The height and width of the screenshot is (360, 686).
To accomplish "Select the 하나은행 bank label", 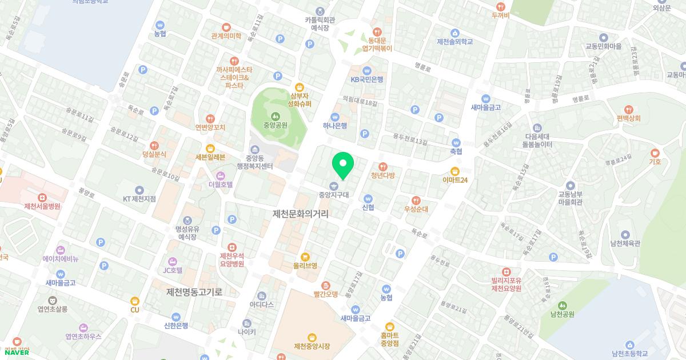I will click(x=335, y=126).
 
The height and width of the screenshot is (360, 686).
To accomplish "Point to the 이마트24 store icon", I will click(x=455, y=170).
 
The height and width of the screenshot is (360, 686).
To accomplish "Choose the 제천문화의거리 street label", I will click(x=301, y=214).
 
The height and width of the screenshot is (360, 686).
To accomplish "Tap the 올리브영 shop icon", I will click(x=305, y=257).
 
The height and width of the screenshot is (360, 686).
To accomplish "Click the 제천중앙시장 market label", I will click(x=312, y=346).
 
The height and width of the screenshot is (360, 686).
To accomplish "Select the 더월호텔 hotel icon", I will click(x=221, y=175).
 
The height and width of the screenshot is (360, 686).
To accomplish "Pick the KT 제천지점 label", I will click(x=139, y=199).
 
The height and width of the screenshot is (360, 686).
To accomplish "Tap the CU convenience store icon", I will click(x=135, y=301).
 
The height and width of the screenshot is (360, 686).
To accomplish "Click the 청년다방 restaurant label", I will click(x=383, y=175).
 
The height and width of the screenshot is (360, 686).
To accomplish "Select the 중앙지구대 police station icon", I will click(x=333, y=185).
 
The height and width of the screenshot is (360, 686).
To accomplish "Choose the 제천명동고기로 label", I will click(x=193, y=292).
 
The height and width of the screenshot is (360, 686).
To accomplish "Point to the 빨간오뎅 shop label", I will click(x=326, y=294).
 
